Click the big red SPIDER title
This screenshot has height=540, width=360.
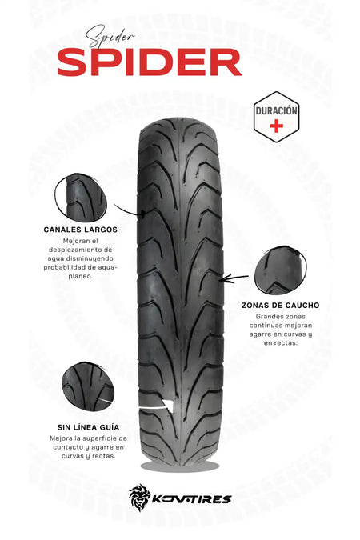[150, 62]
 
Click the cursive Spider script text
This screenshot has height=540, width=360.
[110, 36]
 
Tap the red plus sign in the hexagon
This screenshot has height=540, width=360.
[276, 126]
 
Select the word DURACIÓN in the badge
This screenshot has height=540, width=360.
[276, 110]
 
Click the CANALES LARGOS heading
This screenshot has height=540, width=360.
[80, 230]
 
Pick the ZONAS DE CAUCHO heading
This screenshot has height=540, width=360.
[281, 305]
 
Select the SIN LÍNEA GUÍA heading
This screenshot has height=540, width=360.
[88, 427]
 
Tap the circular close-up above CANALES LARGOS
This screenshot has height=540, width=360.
[81, 198]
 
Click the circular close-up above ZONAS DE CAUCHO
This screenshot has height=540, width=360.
[280, 270]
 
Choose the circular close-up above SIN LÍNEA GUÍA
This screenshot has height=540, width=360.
[88, 386]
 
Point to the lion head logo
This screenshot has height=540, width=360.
[140, 497]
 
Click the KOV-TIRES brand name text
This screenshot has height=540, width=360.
[191, 499]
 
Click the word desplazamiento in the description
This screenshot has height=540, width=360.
[80, 250]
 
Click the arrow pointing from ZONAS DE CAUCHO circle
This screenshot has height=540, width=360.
[235, 278]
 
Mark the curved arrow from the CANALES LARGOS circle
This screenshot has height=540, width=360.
[129, 210]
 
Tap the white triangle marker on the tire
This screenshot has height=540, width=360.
[168, 405]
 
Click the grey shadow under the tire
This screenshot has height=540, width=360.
[180, 466]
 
